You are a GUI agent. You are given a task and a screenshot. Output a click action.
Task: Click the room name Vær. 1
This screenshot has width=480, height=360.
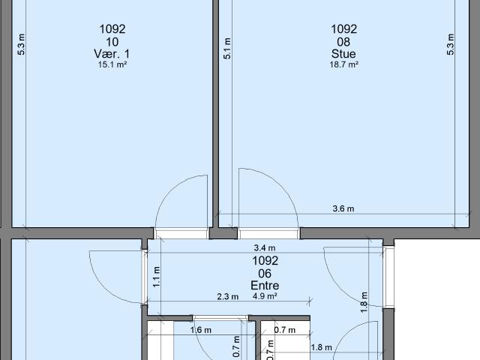pos(112,54)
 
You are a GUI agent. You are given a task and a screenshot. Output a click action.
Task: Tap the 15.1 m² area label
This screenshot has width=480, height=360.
pos(112,64)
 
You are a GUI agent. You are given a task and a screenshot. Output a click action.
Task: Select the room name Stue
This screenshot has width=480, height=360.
pos(343,54)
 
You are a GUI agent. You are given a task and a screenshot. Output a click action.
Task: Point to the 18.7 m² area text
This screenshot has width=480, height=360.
pos(343,64)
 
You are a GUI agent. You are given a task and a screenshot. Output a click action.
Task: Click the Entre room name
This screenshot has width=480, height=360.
pos(265,285)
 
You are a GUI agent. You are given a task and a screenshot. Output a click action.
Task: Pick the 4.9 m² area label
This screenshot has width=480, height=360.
pos(265,296)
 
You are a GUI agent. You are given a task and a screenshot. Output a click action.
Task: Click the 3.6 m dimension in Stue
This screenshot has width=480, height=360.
pos(343,208)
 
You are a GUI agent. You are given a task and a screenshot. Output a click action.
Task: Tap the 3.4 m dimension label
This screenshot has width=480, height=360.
pos(265,247)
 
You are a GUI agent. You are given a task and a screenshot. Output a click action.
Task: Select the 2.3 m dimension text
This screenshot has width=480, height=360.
pos(228,296)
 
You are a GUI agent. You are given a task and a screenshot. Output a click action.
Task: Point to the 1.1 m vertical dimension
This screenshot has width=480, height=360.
pos(157,277)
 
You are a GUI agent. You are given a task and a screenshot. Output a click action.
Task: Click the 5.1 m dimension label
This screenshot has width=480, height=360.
pos(227,48)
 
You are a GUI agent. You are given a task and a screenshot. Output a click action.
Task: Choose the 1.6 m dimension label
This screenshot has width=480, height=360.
pos(201,330)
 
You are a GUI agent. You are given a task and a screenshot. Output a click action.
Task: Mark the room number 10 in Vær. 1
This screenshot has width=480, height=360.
pos(112,42)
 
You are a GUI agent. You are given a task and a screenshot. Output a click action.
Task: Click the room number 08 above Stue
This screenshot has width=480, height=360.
pos(343,42)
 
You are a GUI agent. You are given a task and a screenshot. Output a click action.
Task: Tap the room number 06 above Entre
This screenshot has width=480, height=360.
pos(265,273)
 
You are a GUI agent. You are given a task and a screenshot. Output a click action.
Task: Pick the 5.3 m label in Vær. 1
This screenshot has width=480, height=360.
pos(21,44)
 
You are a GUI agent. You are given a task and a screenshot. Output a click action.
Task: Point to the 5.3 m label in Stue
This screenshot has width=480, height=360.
pos(451,44)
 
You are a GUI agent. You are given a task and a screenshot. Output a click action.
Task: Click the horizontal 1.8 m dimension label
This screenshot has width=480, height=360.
pos(322,347)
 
